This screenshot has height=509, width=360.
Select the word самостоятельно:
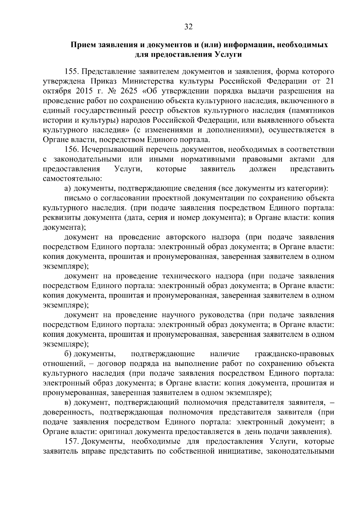(x=73, y=179)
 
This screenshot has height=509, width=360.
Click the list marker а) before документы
(x=67, y=188)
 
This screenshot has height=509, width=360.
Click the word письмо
(x=76, y=198)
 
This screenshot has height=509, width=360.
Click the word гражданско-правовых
(x=294, y=354)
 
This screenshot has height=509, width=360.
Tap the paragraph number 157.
(x=71, y=442)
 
